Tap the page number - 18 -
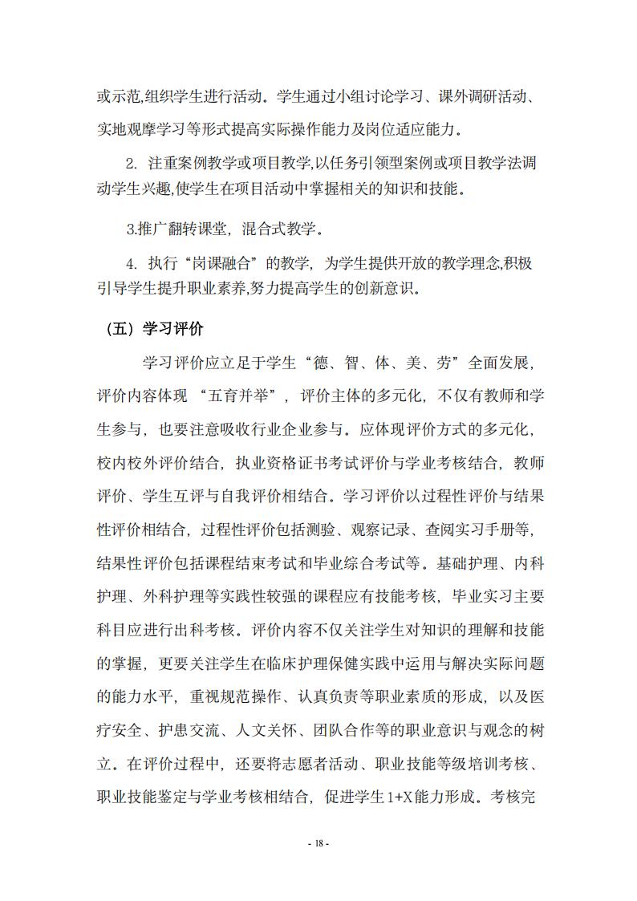point(318,844)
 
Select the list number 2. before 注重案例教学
point(132,164)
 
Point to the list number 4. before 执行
point(132,263)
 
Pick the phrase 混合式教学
point(278,229)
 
